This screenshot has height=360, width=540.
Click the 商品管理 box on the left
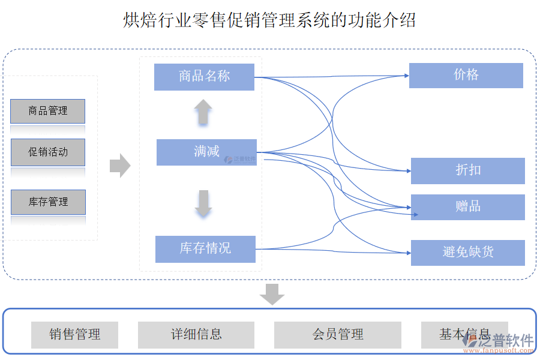[48, 111]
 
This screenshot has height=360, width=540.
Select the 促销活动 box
[48, 152]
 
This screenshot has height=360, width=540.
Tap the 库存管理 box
[48, 202]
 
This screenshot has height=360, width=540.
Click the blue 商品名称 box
[204, 77]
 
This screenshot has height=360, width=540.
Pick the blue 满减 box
[206, 152]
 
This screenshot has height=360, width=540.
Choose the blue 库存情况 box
[205, 249]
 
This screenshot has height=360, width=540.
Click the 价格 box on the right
[466, 76]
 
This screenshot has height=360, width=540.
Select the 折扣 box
[468, 171]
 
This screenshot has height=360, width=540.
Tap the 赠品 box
[468, 207]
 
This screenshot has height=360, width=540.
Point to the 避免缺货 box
[468, 253]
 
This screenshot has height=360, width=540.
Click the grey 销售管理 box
[74, 335]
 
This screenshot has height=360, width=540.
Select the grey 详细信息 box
[196, 335]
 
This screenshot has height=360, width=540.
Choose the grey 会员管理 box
[338, 335]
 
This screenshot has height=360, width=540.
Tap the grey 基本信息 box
[464, 335]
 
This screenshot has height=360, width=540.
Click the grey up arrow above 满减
[203, 112]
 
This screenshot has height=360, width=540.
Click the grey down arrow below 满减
[203, 203]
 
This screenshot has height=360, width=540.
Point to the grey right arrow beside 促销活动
[120, 166]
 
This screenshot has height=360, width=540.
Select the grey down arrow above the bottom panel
[272, 294]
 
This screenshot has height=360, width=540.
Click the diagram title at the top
[269, 20]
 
